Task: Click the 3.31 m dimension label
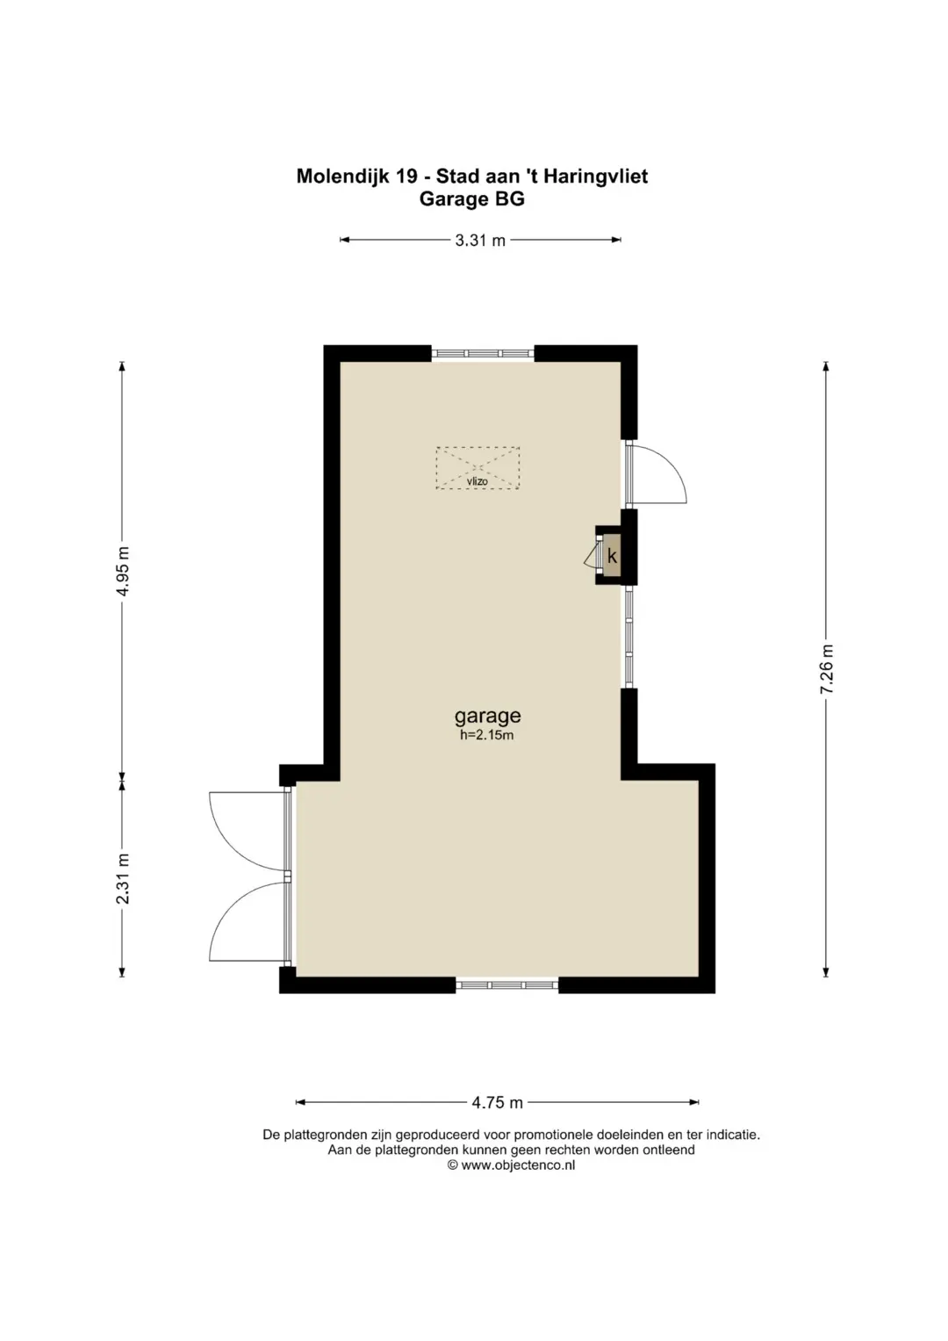[x=480, y=241]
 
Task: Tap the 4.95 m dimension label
[x=123, y=571]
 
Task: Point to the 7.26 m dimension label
[x=827, y=669]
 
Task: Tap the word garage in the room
[x=488, y=716]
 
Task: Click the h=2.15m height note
[x=486, y=735]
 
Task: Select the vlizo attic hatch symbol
[x=478, y=468]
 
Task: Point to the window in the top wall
[x=483, y=353]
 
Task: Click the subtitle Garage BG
[x=472, y=198]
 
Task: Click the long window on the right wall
[x=629, y=637]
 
